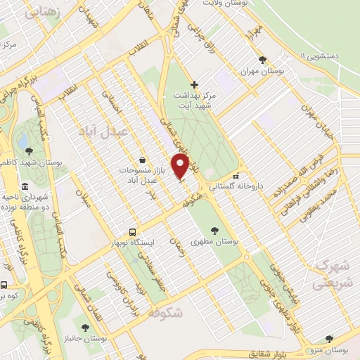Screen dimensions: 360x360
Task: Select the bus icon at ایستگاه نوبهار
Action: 132,232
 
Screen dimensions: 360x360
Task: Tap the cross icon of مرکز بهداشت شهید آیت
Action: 195,84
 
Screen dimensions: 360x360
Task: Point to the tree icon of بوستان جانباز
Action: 85,327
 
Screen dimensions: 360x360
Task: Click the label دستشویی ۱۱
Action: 326,56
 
